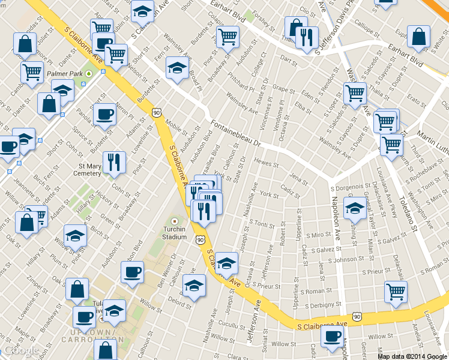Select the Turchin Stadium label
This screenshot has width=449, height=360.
[175, 232]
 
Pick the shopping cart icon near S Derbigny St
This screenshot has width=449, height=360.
[396, 292]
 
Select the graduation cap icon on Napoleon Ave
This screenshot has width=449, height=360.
[355, 208]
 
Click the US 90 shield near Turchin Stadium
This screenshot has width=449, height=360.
[200, 239]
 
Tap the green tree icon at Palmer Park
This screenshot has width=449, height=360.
[89, 74]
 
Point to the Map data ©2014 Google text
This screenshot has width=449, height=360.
[412, 356]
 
